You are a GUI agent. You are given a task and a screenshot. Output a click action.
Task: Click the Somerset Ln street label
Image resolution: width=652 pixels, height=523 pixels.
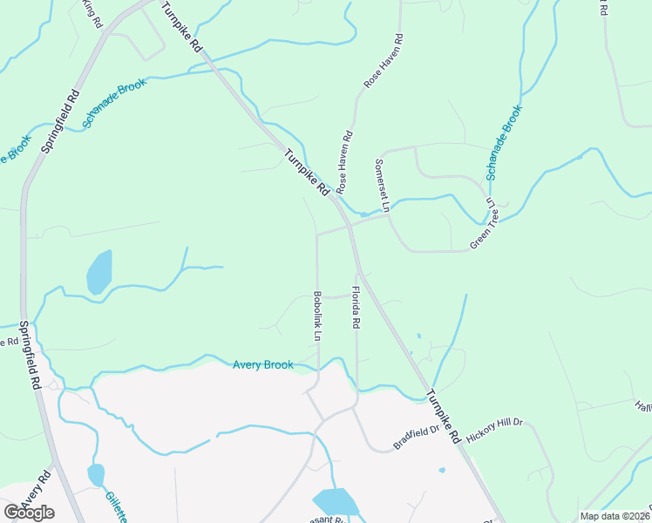pos(380,186)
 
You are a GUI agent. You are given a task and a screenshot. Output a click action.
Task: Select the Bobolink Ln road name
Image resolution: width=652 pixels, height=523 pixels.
pos(318,316)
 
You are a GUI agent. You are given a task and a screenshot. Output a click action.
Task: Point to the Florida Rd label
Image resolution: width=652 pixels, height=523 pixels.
pos(356,307)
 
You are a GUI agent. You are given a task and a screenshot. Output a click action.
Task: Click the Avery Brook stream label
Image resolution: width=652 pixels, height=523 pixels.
pos(263,365)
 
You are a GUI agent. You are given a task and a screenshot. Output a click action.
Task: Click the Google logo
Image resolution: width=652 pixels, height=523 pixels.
pos(29,513)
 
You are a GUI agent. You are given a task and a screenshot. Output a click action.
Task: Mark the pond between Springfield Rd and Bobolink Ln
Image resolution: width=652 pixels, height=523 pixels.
pos(98,271)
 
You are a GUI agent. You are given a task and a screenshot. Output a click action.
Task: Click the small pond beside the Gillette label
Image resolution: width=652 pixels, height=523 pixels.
pos(96,474)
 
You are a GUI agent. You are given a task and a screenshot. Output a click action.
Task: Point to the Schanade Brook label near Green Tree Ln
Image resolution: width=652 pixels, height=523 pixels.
pos(504,143)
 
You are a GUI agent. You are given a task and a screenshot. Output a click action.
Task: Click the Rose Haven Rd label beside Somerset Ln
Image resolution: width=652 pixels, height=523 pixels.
pos(345,161)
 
